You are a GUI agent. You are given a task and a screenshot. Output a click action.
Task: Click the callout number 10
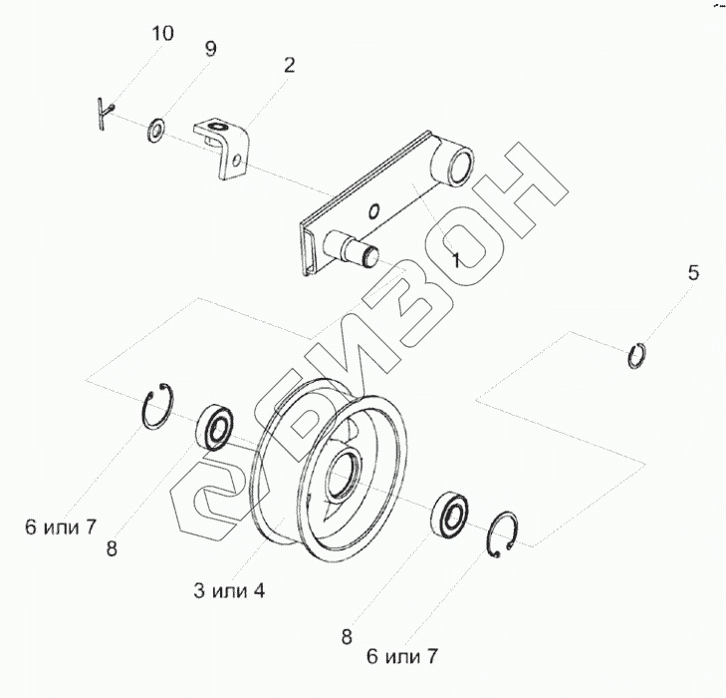(x=161, y=34)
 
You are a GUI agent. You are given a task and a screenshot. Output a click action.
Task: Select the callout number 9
(x=210, y=50)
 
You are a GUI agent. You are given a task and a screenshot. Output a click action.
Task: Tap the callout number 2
(x=289, y=66)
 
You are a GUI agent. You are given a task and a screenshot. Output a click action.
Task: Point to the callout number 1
(x=454, y=260)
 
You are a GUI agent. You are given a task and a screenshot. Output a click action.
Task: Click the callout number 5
(x=695, y=272)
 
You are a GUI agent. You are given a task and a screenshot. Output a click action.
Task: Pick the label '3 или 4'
(x=229, y=590)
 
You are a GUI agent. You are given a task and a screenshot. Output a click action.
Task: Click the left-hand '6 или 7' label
(x=61, y=526)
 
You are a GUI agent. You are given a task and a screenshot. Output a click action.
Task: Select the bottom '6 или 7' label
(x=401, y=656)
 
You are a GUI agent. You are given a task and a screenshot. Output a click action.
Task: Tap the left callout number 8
(x=112, y=547)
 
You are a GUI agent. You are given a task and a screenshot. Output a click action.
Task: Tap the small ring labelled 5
(x=638, y=355)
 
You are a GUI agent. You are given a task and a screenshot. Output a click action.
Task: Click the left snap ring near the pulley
(x=158, y=409)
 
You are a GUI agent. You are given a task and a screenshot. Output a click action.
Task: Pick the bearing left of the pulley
(x=215, y=427)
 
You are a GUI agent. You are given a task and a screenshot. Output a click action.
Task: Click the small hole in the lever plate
(x=373, y=210)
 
